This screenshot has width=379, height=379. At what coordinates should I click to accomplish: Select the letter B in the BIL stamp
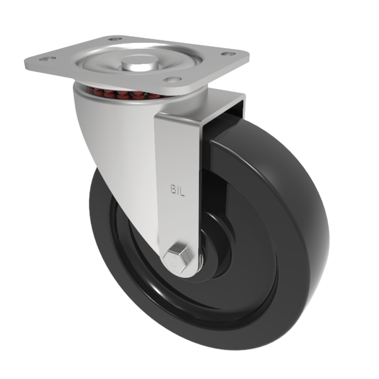[172, 189]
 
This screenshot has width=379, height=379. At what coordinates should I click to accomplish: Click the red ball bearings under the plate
[120, 95]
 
